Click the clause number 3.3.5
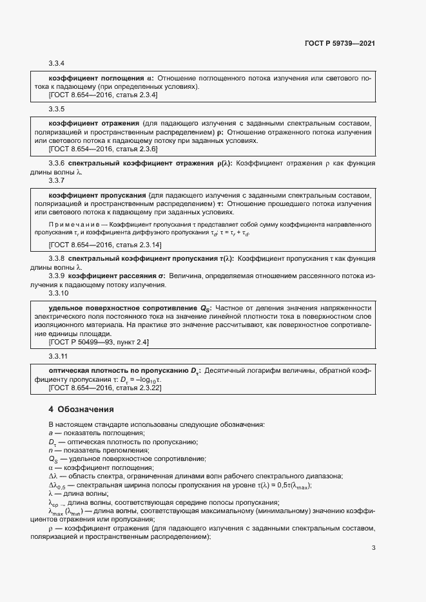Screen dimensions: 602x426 tap(57, 109)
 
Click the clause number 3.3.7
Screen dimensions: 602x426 tap(57, 181)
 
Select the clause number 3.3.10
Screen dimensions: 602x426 tap(58, 294)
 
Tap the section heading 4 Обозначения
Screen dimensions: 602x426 tap(81, 409)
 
